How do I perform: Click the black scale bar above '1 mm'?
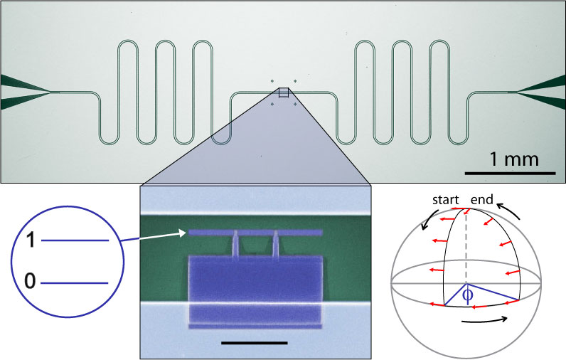pos(510,173)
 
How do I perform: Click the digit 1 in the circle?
pos(30,241)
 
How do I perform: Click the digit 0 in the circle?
pos(30,282)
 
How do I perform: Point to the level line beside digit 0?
pos(75,283)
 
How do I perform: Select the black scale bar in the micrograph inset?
pos(254,342)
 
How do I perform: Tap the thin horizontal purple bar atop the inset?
pos(255,233)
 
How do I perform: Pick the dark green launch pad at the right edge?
pos(543,92)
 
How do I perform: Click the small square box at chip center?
pos(283,92)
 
